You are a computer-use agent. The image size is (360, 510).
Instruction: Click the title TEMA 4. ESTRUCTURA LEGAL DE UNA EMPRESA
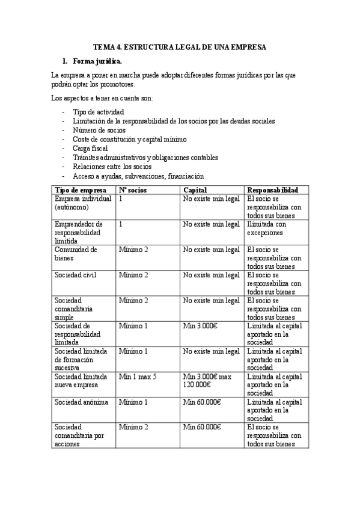click(180, 47)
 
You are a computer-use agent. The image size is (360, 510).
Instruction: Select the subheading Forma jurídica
click(97, 61)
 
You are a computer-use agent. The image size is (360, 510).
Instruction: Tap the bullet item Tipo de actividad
click(99, 112)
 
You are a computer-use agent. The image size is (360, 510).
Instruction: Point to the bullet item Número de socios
click(99, 130)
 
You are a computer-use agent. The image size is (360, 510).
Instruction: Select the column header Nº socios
click(132, 189)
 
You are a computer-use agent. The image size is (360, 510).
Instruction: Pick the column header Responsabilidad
click(272, 189)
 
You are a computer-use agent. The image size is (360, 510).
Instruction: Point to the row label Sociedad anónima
click(79, 401)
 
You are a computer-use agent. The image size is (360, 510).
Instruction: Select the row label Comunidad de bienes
click(76, 254)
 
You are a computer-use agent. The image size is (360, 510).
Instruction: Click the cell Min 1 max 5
click(140, 376)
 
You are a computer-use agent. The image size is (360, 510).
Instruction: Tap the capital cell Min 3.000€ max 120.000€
click(206, 380)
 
